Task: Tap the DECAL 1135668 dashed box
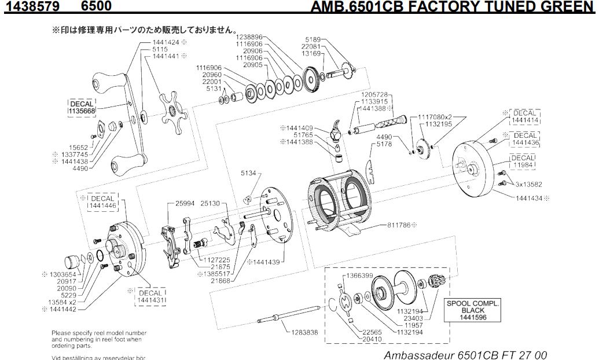point(82,108)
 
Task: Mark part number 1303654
point(63,274)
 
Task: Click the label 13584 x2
point(62,302)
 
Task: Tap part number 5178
point(384,144)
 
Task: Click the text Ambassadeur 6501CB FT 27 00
point(465,354)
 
